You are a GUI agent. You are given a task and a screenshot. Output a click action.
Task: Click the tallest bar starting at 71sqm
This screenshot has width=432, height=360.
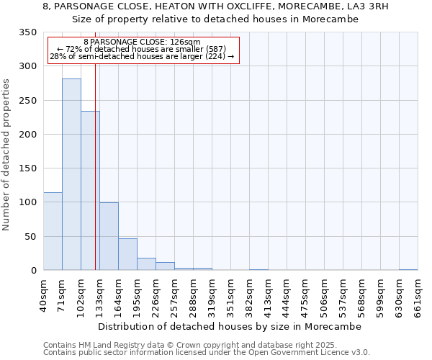(x=71, y=174)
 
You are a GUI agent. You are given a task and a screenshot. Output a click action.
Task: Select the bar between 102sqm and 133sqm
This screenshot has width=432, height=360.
(x=90, y=191)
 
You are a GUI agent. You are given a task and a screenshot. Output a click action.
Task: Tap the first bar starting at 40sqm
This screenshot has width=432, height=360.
(x=53, y=231)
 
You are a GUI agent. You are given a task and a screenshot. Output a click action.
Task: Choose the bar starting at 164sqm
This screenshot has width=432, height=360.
(x=127, y=254)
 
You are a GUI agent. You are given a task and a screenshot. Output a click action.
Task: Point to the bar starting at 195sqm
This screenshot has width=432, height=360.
(x=146, y=264)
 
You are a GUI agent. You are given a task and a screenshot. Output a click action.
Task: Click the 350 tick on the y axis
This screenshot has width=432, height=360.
(x=28, y=32)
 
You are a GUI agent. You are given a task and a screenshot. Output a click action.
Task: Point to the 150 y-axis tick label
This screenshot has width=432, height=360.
(x=28, y=168)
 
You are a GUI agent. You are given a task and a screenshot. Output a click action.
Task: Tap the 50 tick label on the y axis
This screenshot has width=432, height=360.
(x=31, y=237)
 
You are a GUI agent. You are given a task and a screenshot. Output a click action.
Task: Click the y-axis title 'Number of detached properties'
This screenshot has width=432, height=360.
(x=7, y=155)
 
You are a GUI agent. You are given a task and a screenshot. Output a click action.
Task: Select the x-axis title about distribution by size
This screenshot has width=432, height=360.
(x=230, y=326)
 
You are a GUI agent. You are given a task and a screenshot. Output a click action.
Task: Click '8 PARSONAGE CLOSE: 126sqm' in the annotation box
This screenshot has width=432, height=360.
(x=142, y=42)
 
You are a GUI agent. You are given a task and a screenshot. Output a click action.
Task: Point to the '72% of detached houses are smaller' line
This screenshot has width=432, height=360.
(x=142, y=49)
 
